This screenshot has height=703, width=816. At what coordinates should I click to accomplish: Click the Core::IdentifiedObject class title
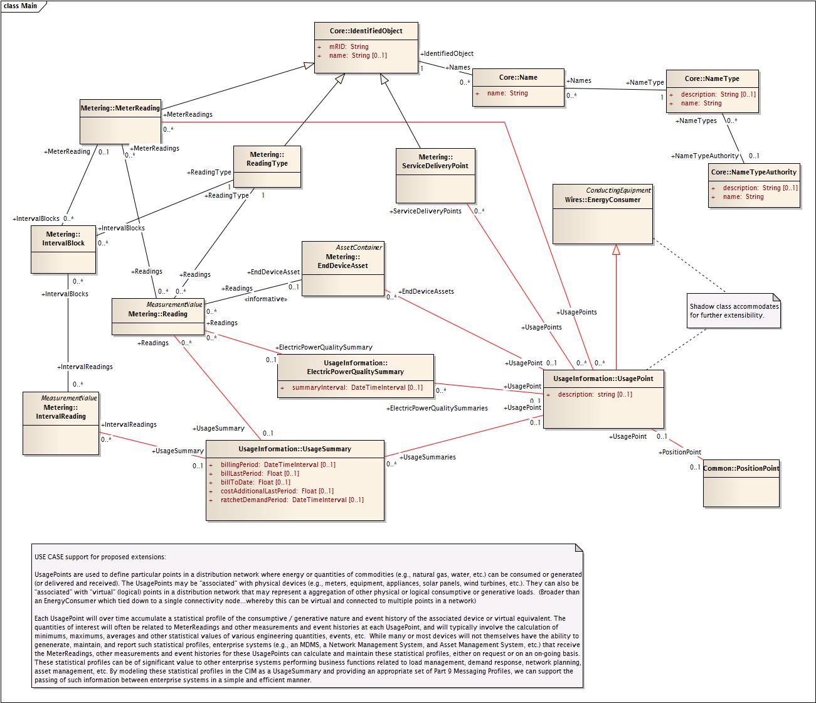[x=366, y=31]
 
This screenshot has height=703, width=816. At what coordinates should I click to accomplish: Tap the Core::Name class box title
[x=518, y=77]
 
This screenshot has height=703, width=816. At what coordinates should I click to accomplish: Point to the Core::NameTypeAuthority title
[x=753, y=172]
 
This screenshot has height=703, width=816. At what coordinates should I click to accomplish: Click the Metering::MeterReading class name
[x=120, y=108]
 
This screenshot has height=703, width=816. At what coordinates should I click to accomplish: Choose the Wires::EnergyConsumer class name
[x=602, y=200]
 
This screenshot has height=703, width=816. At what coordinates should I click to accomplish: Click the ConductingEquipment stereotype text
[x=618, y=190]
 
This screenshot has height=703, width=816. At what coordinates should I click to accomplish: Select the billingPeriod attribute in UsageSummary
[x=278, y=464]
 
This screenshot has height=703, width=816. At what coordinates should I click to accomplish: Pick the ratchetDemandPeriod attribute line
[x=292, y=500]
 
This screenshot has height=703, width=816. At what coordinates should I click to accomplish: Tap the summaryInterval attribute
[x=357, y=387]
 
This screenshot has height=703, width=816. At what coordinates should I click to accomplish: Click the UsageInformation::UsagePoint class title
[x=603, y=378]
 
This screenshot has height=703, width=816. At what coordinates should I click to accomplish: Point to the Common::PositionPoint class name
[x=741, y=468]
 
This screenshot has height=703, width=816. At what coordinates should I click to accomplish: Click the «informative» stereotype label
[x=265, y=299]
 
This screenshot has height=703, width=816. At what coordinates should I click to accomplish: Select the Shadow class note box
[x=734, y=311]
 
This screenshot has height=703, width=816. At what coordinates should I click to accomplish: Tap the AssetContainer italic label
[x=359, y=247]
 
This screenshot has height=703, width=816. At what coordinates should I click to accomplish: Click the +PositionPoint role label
[x=679, y=452]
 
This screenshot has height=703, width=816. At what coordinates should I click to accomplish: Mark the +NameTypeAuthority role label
[x=705, y=156]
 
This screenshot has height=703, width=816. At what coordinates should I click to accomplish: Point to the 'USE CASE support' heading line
[x=100, y=557]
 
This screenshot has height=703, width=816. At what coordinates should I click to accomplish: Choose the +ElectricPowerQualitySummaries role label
[x=437, y=408]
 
